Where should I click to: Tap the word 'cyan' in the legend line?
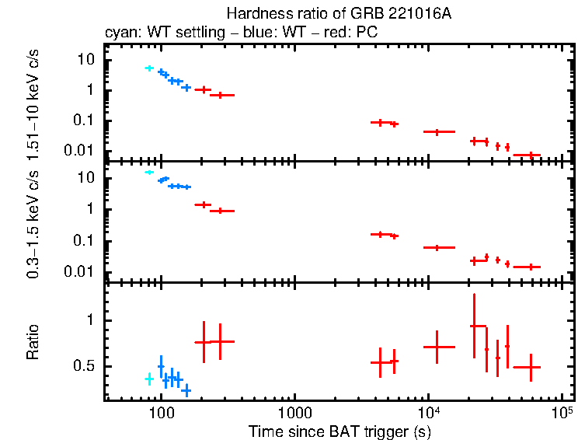click(120, 33)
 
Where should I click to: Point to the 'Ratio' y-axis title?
click(33, 342)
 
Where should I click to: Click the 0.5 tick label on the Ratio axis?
click(87, 366)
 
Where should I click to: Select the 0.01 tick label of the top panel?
click(82, 150)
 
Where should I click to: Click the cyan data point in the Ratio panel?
click(149, 379)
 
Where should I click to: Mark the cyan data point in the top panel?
click(149, 68)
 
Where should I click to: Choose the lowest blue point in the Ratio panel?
click(186, 389)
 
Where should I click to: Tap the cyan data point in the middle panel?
click(149, 173)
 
